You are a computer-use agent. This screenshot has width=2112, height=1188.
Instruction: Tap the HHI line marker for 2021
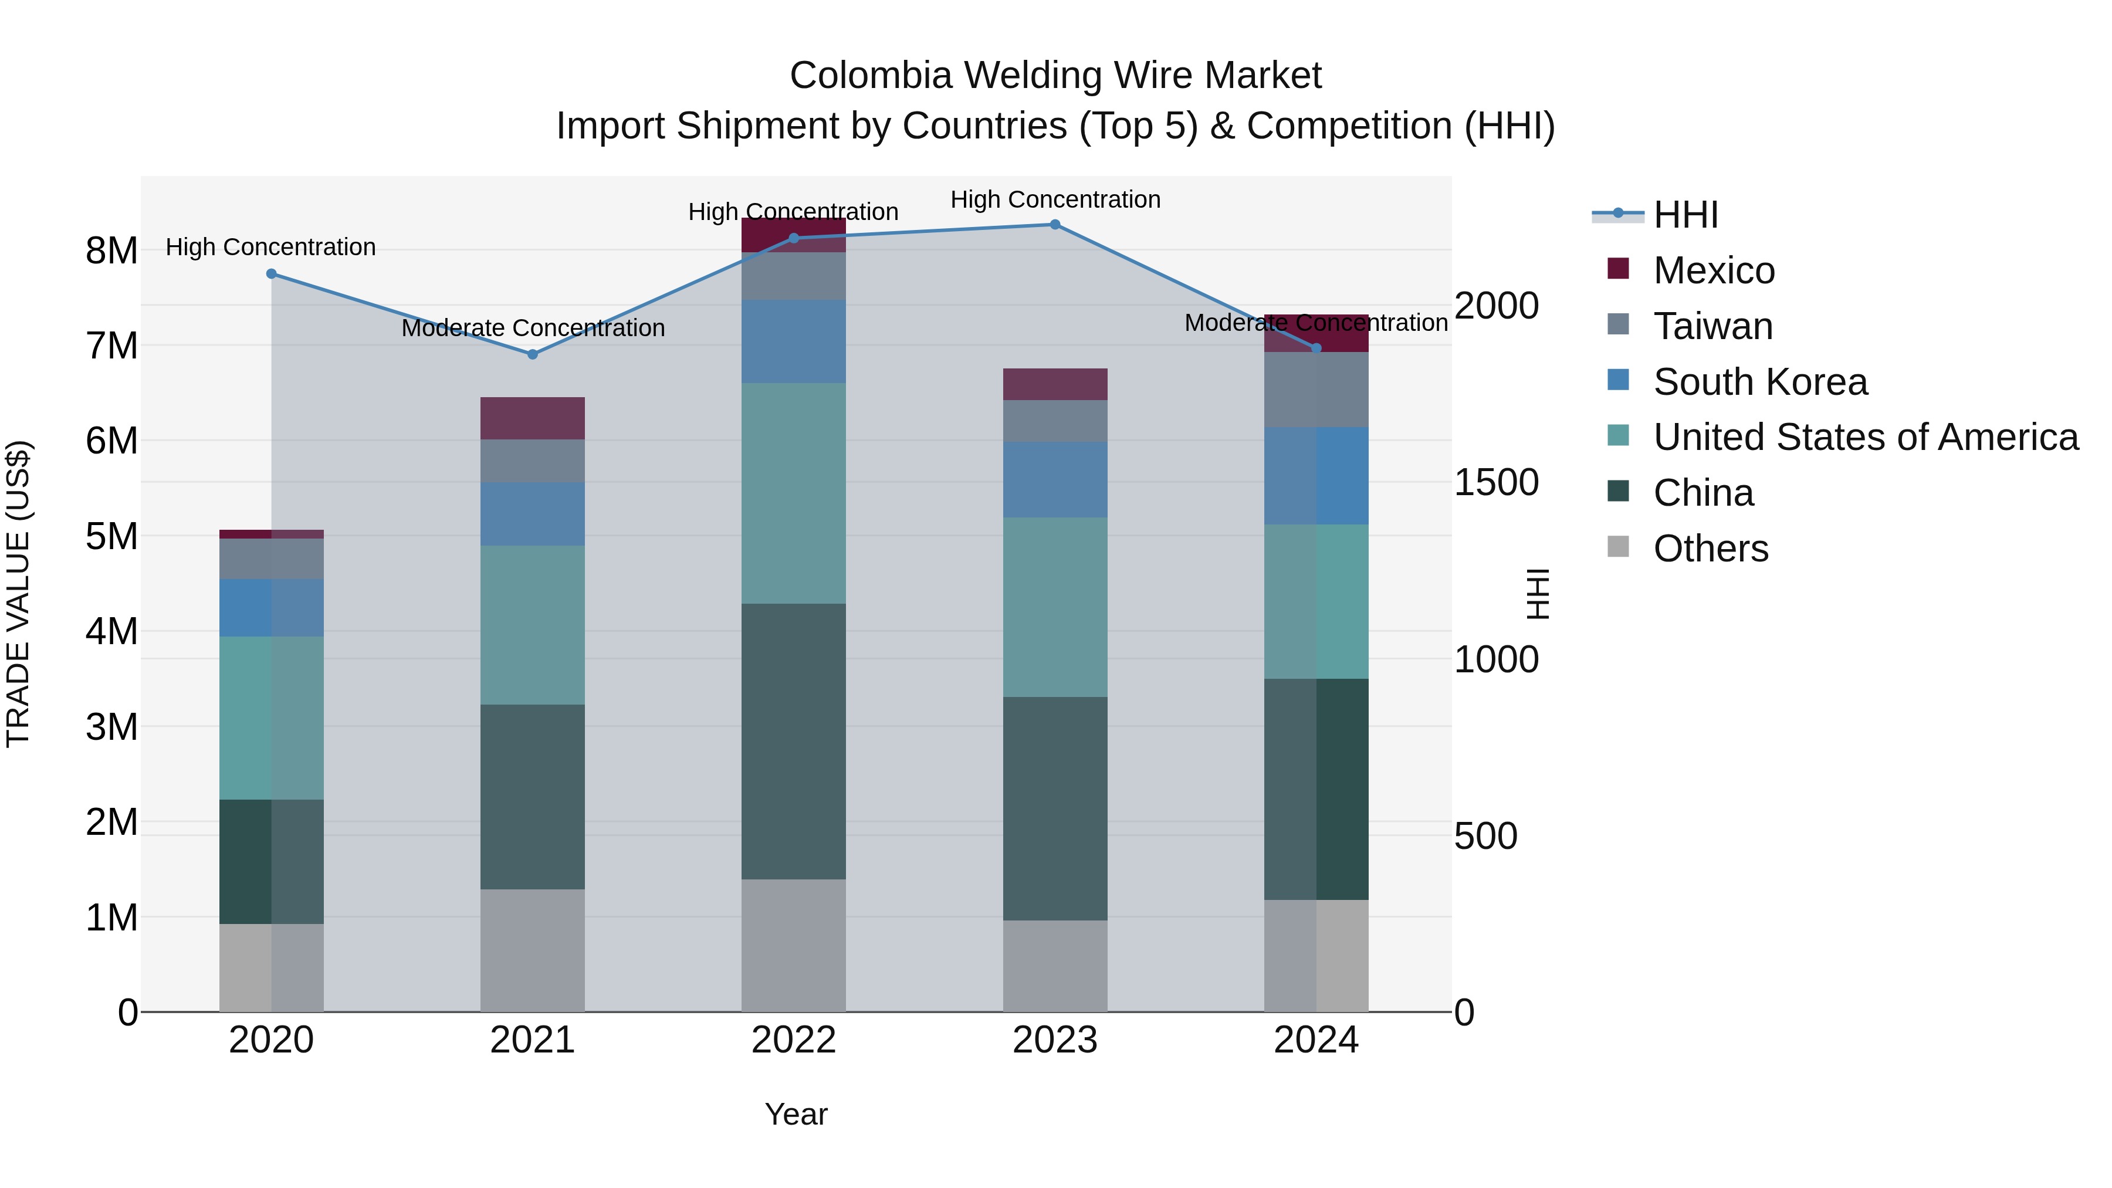[x=532, y=354]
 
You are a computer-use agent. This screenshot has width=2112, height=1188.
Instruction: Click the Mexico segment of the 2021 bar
[x=532, y=418]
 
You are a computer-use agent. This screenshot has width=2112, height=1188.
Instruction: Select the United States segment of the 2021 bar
[x=532, y=625]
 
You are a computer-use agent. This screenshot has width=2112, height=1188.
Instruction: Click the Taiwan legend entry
[x=1712, y=326]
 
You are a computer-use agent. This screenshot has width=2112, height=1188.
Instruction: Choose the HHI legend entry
[x=1685, y=215]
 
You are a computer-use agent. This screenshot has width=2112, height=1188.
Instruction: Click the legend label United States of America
[x=1865, y=437]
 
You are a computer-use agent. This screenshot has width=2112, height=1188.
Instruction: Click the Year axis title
[x=796, y=1114]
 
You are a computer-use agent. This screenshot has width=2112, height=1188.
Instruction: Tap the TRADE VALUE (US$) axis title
[x=18, y=594]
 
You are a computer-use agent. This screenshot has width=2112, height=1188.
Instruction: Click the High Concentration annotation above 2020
[x=270, y=247]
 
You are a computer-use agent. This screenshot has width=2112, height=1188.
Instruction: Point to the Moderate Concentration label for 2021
[x=533, y=328]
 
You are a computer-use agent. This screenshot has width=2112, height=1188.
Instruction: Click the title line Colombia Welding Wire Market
[x=1055, y=76]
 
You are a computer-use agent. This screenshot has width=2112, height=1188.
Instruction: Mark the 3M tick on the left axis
[x=111, y=726]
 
